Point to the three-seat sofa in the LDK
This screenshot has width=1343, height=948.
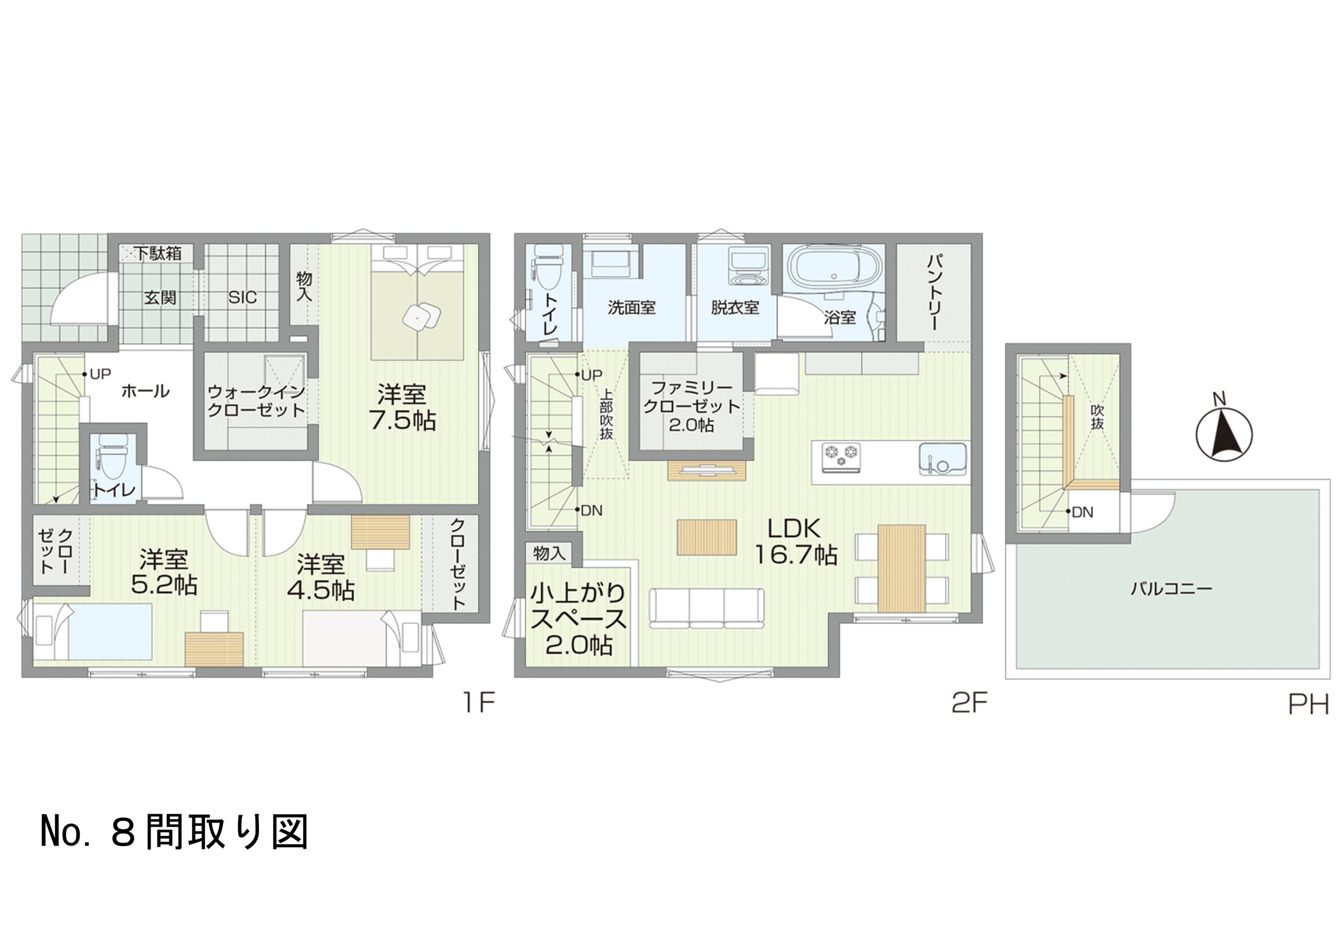[707, 608]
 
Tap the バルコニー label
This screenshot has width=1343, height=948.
[1170, 588]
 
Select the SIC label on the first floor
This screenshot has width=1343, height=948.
[242, 297]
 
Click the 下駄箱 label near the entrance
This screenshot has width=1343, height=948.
[158, 253]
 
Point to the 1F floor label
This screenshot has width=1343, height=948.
[479, 702]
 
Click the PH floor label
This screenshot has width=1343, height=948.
[1308, 705]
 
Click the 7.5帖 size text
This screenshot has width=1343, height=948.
[402, 419]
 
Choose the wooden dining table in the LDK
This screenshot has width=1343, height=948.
[902, 569]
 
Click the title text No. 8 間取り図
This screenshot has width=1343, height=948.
[174, 832]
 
